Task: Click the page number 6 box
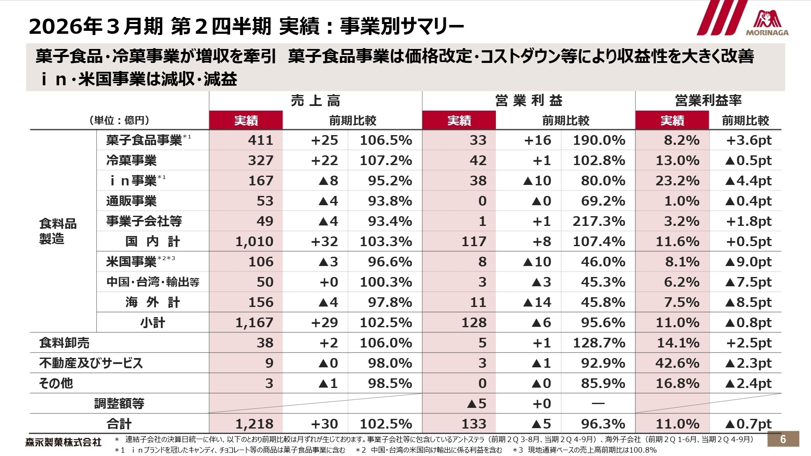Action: [x=783, y=439]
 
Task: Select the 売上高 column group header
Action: [x=315, y=101]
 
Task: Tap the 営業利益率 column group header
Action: [x=708, y=101]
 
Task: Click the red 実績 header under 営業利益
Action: [x=459, y=121]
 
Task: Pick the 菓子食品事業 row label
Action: [x=144, y=140]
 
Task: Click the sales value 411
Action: [x=260, y=140]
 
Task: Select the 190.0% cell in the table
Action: [x=599, y=140]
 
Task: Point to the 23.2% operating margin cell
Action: [x=677, y=181]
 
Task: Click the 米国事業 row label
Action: [x=132, y=262]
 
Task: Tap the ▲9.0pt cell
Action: [x=748, y=262]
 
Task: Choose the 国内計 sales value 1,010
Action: [x=254, y=242]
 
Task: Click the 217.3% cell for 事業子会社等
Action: [x=599, y=221]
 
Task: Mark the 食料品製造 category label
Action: [x=58, y=231]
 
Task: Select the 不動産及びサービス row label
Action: [x=91, y=363]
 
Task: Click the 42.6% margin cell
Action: [x=677, y=363]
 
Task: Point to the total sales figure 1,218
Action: [x=254, y=424]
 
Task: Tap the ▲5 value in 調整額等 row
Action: [x=477, y=404]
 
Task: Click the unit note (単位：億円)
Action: [x=119, y=121]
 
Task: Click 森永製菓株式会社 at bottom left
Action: [x=63, y=442]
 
